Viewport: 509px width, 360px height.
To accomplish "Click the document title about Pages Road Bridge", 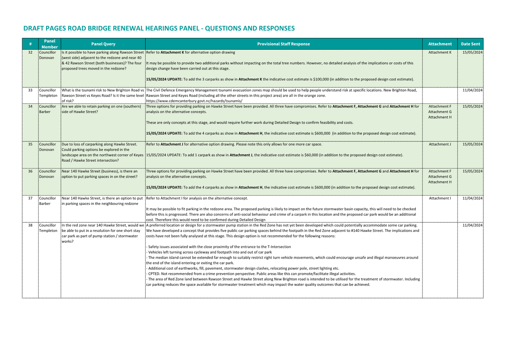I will [x=159, y=28].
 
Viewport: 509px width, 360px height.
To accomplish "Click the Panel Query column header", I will [x=103, y=44].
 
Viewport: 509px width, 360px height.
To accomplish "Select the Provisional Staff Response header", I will [x=283, y=44].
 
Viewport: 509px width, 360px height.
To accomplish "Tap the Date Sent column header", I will [x=470, y=44].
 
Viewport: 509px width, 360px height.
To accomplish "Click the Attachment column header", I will [x=439, y=44].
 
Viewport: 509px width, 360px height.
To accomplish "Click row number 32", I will [x=30, y=52].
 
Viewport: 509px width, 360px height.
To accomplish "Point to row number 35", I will [x=30, y=145].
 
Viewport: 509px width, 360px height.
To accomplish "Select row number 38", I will [x=30, y=225].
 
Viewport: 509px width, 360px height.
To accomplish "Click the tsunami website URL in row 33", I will [x=194, y=101].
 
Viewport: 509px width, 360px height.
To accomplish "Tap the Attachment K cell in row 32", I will [x=439, y=52].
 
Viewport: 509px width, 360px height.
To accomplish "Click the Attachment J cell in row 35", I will [x=439, y=145].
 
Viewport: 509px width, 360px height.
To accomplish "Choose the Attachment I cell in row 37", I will [x=439, y=198].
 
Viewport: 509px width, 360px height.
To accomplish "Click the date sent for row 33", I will [x=472, y=90].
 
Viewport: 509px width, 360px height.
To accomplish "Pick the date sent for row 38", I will [x=472, y=225].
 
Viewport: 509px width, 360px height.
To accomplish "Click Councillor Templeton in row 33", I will [x=48, y=93].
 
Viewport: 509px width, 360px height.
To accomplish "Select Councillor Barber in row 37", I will [x=47, y=201].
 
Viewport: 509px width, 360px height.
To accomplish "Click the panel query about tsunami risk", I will [x=103, y=95].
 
